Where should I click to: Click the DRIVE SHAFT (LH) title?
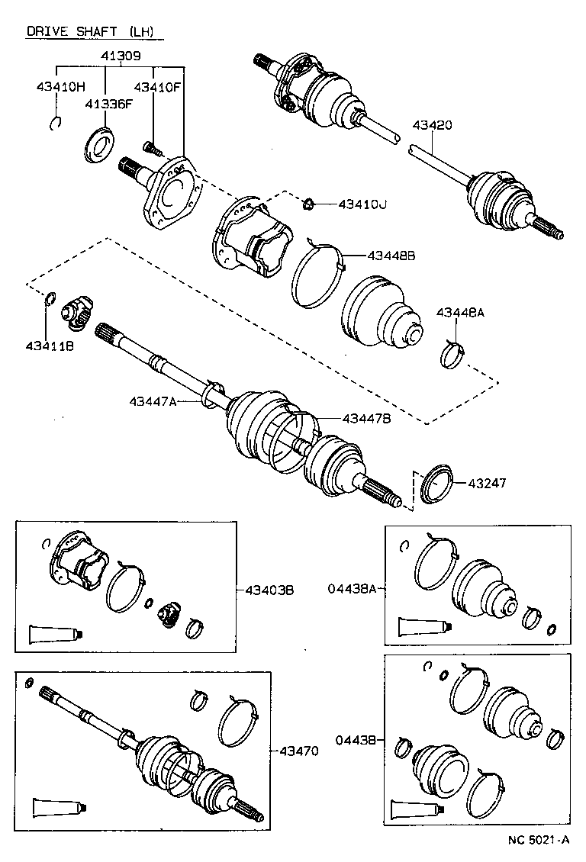89,31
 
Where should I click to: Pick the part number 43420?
432,124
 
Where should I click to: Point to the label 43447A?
153,400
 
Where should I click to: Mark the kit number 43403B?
270,590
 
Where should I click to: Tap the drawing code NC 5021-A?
539,841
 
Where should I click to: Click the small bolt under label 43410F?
152,150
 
